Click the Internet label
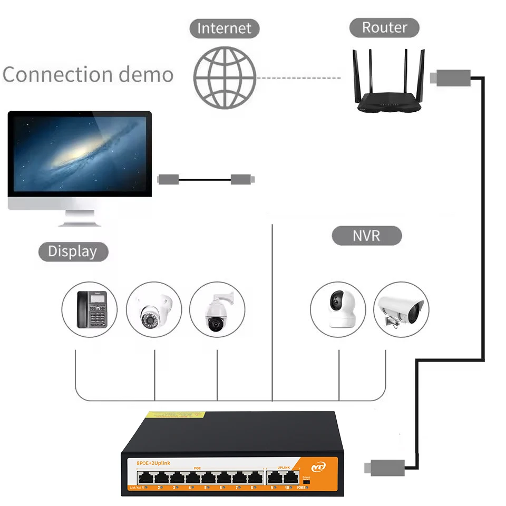tap(225, 28)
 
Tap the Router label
tap(384, 27)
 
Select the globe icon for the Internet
tap(225, 78)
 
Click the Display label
tap(73, 251)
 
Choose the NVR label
tap(366, 235)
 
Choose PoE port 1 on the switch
tap(144, 478)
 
